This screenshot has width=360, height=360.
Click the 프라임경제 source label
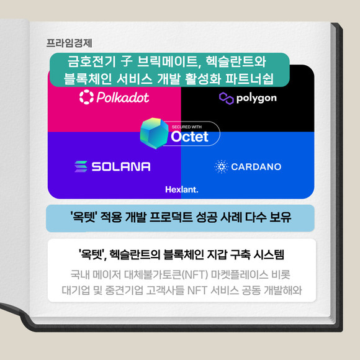tap(69, 43)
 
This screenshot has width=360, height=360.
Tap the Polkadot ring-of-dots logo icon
tap(86, 97)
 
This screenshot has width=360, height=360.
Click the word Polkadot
tap(123, 97)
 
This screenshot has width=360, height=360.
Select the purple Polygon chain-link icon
tap(226, 99)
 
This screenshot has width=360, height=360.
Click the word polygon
tap(256, 99)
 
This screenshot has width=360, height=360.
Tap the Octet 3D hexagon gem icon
tap(155, 133)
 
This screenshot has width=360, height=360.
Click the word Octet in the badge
tap(189, 137)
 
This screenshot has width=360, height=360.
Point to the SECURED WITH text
tap(187, 127)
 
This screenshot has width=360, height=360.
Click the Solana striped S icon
tap(81, 166)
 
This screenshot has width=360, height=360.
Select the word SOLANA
tap(121, 166)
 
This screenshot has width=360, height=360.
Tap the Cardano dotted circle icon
tap(222, 166)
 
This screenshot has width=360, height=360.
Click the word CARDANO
tap(256, 167)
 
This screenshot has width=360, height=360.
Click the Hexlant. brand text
tap(182, 190)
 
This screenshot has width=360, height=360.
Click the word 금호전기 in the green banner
tap(92, 61)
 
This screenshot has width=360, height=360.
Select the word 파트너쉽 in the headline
tap(250, 79)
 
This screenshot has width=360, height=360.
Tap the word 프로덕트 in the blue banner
tap(171, 217)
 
